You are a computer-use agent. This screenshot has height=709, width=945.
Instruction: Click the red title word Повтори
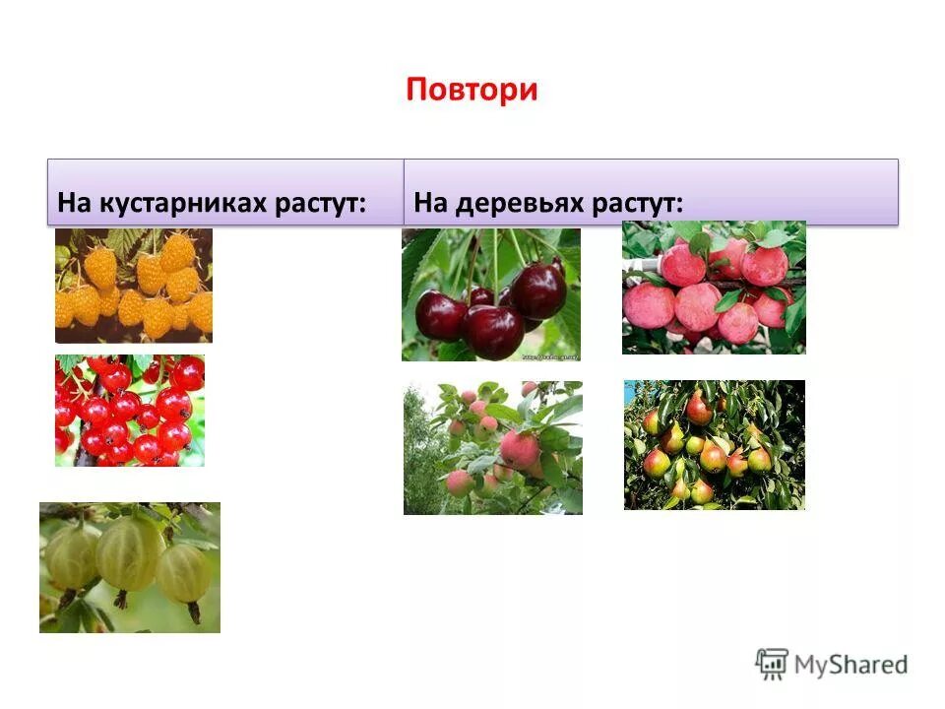click(x=472, y=90)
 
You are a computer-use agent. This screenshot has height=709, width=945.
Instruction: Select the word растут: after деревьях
click(x=638, y=204)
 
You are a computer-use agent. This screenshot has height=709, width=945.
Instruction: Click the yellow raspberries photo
click(x=134, y=286)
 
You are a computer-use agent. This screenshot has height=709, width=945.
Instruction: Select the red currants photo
click(x=130, y=411)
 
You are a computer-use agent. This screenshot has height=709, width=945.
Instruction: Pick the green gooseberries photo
click(x=130, y=567)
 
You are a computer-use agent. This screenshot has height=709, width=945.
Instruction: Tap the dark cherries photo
click(x=491, y=294)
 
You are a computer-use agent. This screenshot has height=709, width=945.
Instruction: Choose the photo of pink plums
click(x=714, y=287)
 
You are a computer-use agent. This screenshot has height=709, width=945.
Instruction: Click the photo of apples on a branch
click(x=492, y=448)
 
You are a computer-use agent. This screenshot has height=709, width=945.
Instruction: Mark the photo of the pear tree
click(x=714, y=445)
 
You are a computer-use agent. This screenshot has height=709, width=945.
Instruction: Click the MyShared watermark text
click(x=850, y=665)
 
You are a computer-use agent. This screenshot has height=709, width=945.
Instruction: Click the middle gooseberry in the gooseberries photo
click(x=128, y=553)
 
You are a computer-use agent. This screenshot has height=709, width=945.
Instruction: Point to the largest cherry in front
click(x=494, y=330)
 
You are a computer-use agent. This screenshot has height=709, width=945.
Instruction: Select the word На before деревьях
click(x=430, y=204)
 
